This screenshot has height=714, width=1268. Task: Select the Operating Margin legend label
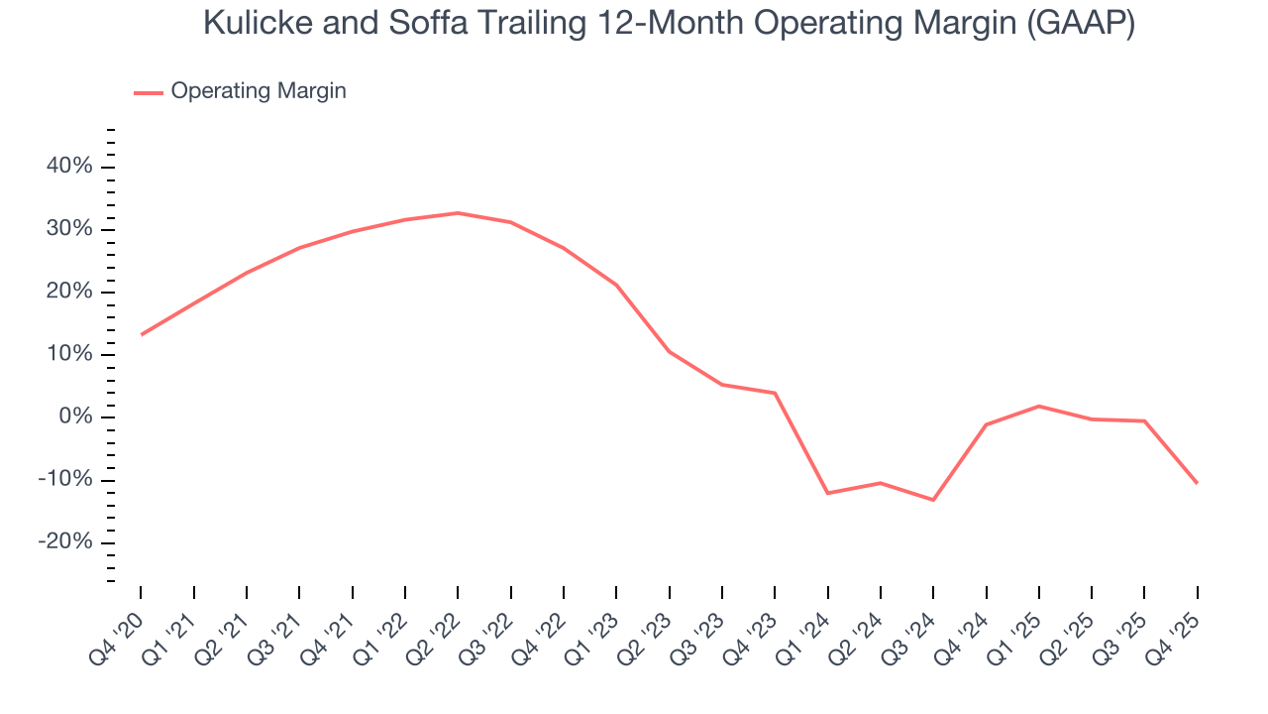259,91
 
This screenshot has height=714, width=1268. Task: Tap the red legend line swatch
149,92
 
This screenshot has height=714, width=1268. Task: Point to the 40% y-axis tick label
69,167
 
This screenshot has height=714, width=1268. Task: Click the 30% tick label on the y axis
69,229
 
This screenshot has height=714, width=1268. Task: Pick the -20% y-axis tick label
65,542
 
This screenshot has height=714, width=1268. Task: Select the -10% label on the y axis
65,480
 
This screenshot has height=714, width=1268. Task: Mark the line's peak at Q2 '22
458,213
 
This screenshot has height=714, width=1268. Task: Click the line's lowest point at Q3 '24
933,500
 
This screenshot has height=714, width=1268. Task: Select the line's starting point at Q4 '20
141,335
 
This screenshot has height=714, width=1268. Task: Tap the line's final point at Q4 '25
1197,483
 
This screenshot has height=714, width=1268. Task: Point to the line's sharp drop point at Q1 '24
827,493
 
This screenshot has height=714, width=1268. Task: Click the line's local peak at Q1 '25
1038,406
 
